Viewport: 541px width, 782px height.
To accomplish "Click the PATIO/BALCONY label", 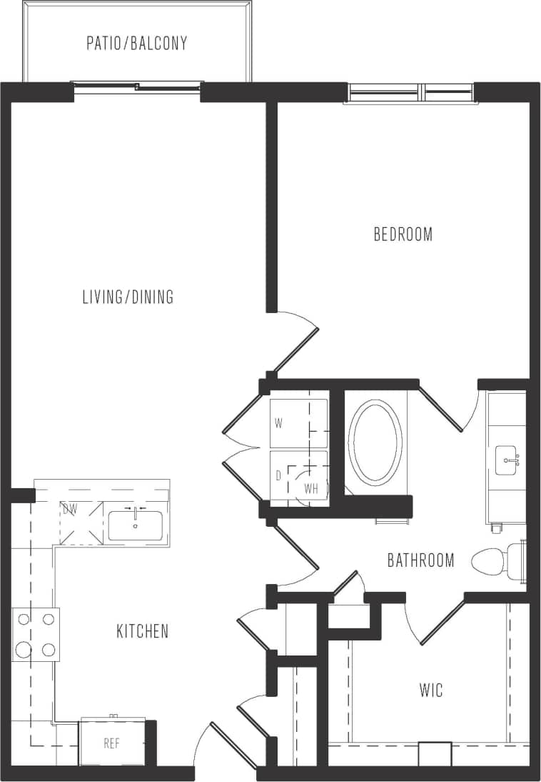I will click(137, 43).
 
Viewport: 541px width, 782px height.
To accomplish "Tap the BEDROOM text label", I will click(403, 234).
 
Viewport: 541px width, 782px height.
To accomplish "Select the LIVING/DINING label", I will click(128, 297).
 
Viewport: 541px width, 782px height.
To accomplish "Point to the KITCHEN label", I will click(143, 631).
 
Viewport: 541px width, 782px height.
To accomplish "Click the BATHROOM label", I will click(420, 560).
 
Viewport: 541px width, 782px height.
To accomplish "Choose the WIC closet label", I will click(431, 690).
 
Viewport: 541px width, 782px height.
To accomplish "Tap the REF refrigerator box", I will click(112, 743).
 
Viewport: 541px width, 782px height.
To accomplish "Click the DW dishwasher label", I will click(70, 510).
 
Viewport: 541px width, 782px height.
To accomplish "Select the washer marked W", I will click(298, 423).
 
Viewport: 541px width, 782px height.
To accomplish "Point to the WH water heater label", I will click(311, 489).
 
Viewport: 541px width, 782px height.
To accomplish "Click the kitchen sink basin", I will click(136, 525).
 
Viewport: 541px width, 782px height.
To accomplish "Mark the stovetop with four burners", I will click(36, 634).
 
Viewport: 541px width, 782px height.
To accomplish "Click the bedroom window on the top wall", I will click(410, 93).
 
